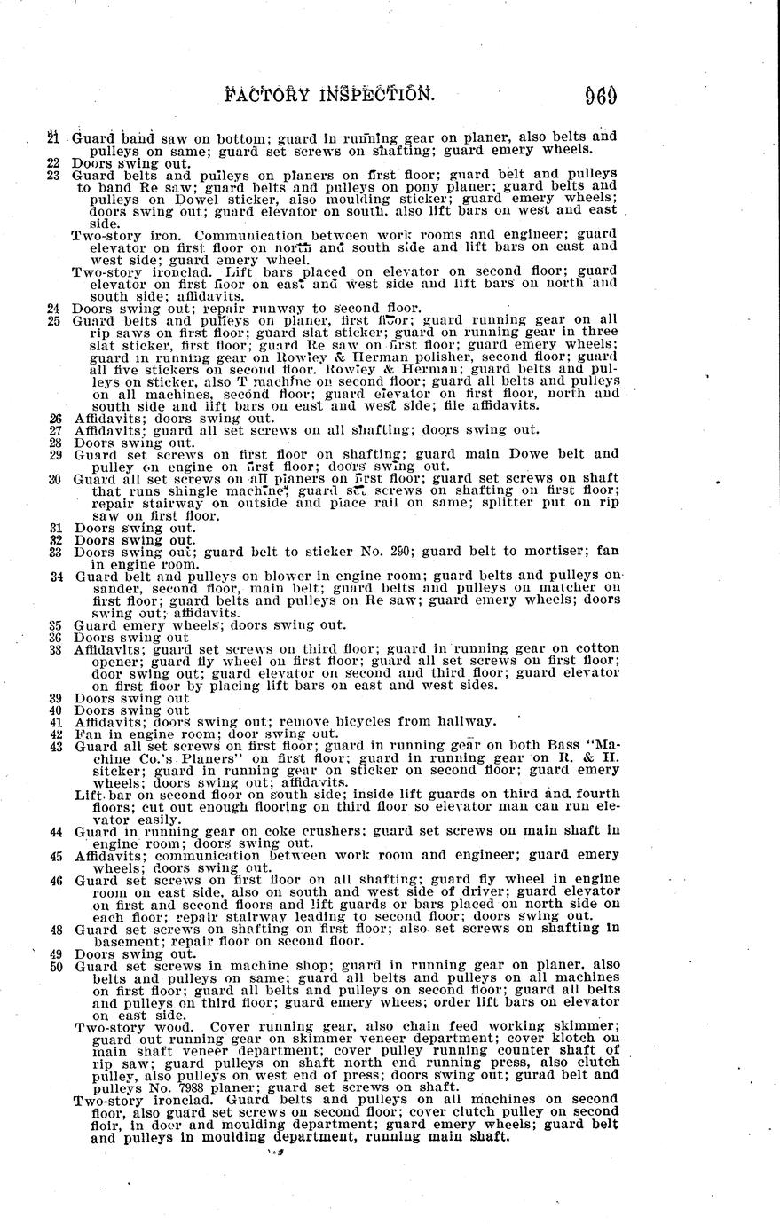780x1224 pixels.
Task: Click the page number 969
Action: [601, 94]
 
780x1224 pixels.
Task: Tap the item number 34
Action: [57, 577]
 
